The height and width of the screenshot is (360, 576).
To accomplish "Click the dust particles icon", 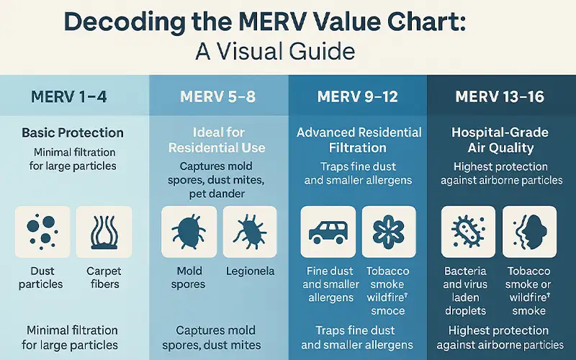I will pos(42,232).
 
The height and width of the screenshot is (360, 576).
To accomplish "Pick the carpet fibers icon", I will pos(104,232).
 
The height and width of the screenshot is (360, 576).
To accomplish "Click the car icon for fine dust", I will pos(328,232).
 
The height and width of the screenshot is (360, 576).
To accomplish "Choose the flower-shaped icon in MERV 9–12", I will pos(389,232).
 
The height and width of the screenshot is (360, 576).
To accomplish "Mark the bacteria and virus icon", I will pos(467,232).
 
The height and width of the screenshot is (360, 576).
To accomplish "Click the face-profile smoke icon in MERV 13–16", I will pos(528,232).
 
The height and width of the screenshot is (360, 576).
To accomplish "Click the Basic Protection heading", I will pos(73,133).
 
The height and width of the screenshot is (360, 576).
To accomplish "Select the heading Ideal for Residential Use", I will pos(217,140).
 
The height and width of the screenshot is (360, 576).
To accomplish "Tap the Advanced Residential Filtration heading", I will pos(359,140).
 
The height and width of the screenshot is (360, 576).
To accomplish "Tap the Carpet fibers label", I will pos(104,278).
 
